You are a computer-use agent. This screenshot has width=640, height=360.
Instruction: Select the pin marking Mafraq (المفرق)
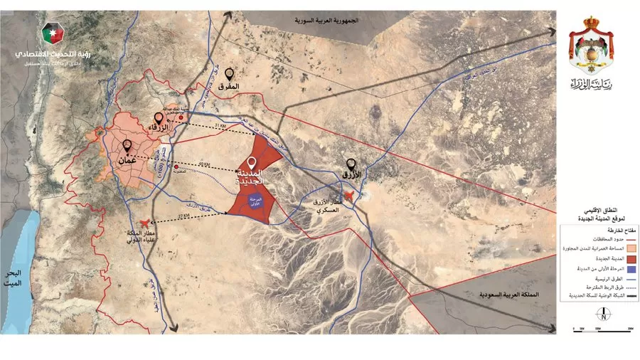coord(229,74)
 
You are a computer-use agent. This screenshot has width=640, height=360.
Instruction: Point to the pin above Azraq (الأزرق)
coord(350,164)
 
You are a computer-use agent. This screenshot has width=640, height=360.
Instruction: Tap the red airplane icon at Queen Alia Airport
coord(147,224)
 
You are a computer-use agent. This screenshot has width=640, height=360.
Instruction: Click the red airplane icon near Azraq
coord(348,196)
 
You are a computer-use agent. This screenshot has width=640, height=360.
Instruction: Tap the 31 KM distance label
coord(219,125)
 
